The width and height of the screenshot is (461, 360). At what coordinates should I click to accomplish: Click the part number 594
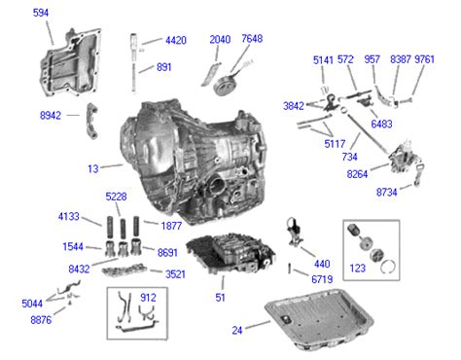coord(41,13)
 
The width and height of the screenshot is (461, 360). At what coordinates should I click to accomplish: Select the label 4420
coord(176,41)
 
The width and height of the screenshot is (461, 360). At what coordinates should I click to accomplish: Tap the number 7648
coord(252,39)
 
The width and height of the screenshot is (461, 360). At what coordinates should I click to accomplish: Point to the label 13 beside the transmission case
coord(93,168)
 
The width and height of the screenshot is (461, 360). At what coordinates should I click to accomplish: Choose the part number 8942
coord(51,116)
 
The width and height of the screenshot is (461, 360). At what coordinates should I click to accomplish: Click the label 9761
coord(424,59)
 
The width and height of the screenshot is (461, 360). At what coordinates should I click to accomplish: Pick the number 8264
coord(357,174)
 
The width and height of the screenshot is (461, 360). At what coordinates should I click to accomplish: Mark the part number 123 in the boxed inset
coord(358,269)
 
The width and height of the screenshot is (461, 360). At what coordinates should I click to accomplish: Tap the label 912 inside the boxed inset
coord(148,298)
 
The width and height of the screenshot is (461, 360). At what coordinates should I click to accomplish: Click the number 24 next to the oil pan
coord(237,331)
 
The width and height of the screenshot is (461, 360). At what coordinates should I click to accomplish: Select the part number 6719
coord(322,279)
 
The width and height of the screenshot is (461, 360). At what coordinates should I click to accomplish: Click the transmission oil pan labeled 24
coord(319,319)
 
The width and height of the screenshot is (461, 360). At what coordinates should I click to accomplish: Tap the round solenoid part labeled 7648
coord(225,86)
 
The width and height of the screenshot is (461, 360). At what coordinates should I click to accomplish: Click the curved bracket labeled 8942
coord(91,121)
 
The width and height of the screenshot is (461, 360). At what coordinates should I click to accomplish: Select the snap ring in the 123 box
coord(388,267)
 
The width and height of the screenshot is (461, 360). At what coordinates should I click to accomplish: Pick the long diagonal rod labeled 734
coord(368,132)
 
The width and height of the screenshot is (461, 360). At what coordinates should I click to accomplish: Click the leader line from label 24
coord(258,325)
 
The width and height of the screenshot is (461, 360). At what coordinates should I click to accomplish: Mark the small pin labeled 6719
coord(290,269)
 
